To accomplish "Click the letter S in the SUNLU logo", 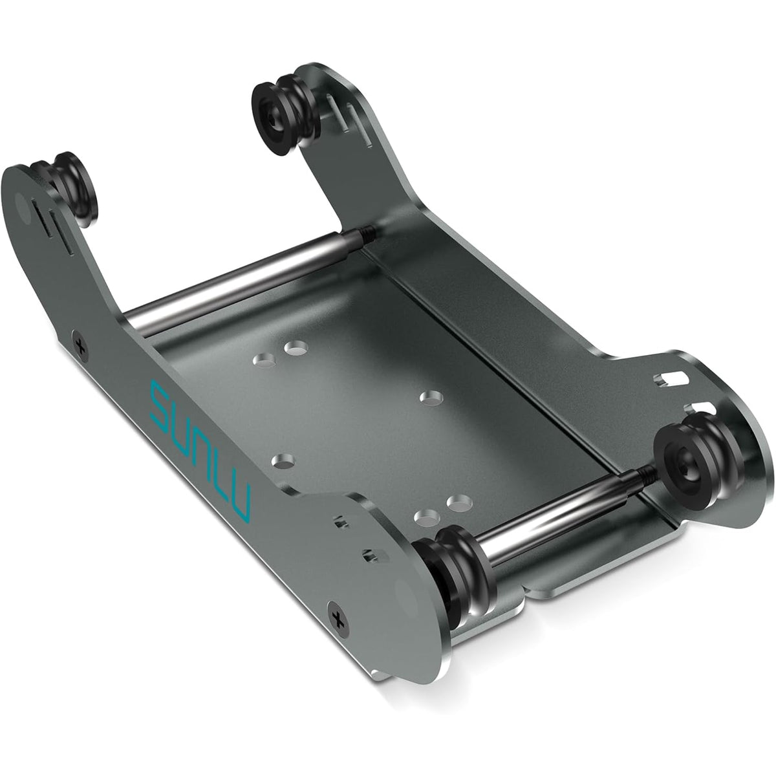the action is [160, 403].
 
